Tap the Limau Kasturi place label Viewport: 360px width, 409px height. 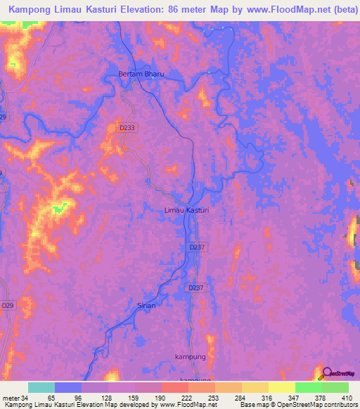pyautogui.click(x=186, y=211)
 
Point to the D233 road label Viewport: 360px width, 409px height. pyautogui.click(x=127, y=126)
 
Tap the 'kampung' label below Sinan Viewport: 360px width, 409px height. pyautogui.click(x=189, y=357)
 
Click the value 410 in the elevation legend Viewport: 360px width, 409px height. pyautogui.click(x=347, y=398)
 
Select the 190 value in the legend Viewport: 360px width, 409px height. pyautogui.click(x=159, y=398)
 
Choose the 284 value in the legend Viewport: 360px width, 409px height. pyautogui.click(x=240, y=398)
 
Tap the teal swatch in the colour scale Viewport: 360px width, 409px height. pyautogui.click(x=41, y=387)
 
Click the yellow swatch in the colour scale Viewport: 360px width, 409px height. pyautogui.click(x=281, y=387)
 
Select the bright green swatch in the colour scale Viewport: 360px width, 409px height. pyautogui.click(x=308, y=387)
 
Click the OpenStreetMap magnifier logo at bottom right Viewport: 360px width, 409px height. pyautogui.click(x=328, y=373)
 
